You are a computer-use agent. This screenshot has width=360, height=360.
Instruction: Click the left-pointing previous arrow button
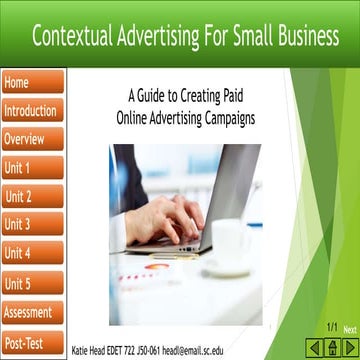pos(314,347)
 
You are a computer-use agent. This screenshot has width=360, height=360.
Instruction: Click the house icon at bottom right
pos(332,347)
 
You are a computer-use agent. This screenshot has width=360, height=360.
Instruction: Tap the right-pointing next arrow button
pos(349,347)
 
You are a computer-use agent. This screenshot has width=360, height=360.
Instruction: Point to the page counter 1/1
pos(331,328)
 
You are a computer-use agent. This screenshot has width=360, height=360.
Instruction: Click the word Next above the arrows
pos(349,329)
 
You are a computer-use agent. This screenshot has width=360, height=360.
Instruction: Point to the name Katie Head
pos(91,351)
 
